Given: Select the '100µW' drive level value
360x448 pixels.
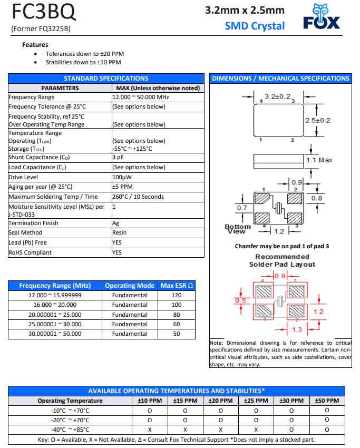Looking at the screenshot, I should [x=122, y=177].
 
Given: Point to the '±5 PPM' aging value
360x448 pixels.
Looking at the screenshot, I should [x=122, y=187].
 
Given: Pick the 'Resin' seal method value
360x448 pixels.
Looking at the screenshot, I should [x=120, y=232].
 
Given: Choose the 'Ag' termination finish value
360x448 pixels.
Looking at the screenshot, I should [x=116, y=223].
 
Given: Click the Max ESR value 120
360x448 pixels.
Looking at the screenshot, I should [x=177, y=295].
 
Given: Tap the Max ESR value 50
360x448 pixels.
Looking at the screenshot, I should [x=177, y=334].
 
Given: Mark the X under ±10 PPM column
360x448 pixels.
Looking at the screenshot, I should [x=149, y=430].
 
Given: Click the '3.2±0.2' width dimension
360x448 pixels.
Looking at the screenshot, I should [x=277, y=97].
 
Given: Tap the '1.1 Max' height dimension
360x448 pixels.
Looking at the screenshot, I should [x=319, y=160].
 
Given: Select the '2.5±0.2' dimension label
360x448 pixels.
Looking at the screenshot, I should [x=317, y=121].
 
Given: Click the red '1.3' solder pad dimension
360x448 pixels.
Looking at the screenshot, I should [x=296, y=329].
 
